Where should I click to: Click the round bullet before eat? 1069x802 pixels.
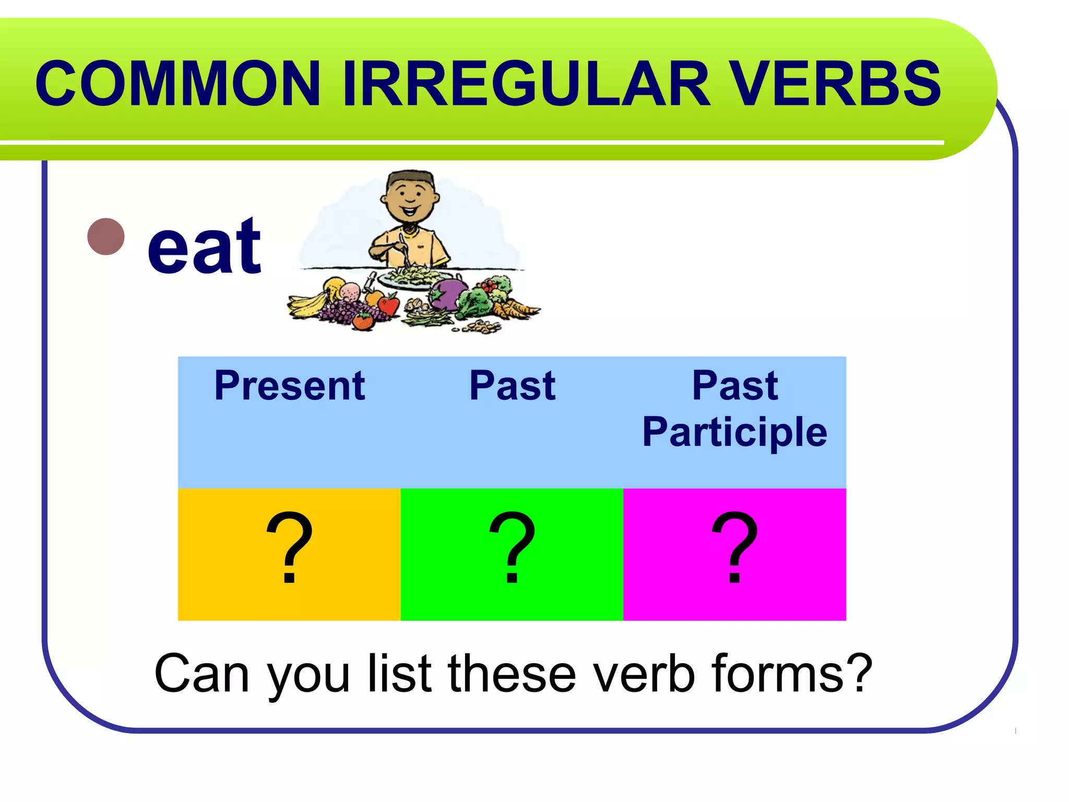[106, 237]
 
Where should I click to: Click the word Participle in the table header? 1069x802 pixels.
[734, 432]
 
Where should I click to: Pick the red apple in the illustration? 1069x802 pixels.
[389, 304]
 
